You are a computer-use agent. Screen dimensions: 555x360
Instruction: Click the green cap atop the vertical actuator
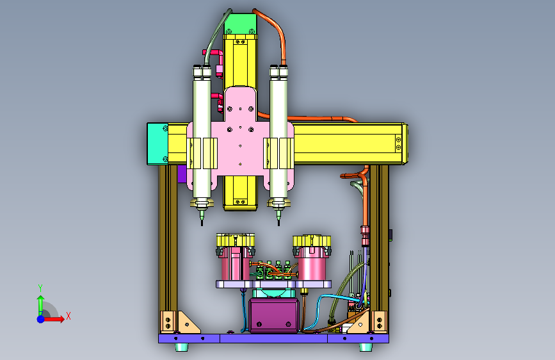point(241,24)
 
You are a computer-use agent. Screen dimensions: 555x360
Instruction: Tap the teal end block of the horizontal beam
point(157,143)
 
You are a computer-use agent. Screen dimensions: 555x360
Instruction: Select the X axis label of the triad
point(68,316)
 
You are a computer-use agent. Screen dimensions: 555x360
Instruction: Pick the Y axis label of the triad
point(40,288)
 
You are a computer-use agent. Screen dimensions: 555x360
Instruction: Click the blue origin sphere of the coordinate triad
point(41,319)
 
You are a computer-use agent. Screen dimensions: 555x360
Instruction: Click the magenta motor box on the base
point(273,315)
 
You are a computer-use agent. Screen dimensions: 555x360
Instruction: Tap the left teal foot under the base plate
point(182,347)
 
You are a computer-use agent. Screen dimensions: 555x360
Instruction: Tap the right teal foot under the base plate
point(366,347)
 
